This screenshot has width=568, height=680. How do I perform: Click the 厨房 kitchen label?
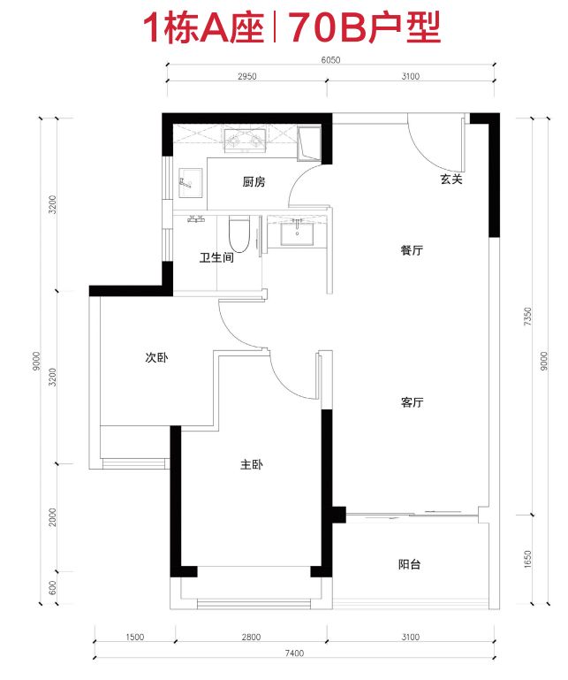click(254, 181)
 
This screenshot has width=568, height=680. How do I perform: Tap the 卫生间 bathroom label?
click(216, 257)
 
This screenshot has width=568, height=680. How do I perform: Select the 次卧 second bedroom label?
click(156, 357)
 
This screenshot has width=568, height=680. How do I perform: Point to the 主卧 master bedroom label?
click(251, 464)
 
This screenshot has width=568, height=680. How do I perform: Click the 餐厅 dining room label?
click(412, 250)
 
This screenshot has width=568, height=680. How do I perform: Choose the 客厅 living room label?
click(412, 402)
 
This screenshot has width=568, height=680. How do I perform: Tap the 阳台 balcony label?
click(409, 564)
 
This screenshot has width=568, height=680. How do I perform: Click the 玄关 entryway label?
click(451, 179)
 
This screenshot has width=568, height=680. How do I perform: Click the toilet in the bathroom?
click(239, 234)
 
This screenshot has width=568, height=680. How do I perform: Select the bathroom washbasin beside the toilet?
click(297, 232)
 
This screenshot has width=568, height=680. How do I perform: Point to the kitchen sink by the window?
click(190, 182)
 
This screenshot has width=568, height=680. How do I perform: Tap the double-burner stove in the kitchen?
click(246, 140)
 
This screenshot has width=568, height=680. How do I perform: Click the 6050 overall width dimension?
click(330, 60)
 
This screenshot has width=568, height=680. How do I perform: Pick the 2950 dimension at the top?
click(247, 76)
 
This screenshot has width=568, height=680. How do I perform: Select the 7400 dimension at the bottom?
click(295, 653)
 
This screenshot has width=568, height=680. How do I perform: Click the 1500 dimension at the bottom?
click(135, 637)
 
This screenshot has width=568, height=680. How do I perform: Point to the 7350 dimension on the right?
click(527, 317)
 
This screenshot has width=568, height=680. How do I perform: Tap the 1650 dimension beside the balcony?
click(527, 560)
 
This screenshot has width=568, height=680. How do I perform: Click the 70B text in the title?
click(327, 27)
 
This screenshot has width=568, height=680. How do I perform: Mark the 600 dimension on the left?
click(53, 588)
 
